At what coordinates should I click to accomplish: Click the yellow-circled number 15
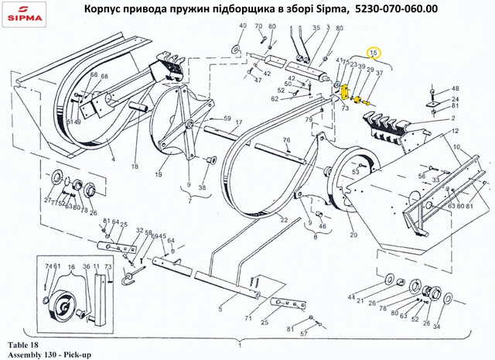click(x=374, y=53)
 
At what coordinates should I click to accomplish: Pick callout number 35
click(x=315, y=27)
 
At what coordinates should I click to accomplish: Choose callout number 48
click(x=455, y=89)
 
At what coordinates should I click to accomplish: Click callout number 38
click(x=202, y=187)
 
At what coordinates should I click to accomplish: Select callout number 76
click(x=285, y=140)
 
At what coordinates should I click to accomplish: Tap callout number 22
click(x=284, y=221)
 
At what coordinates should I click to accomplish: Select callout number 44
click(x=350, y=297)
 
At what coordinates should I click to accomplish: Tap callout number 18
click(x=135, y=166)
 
